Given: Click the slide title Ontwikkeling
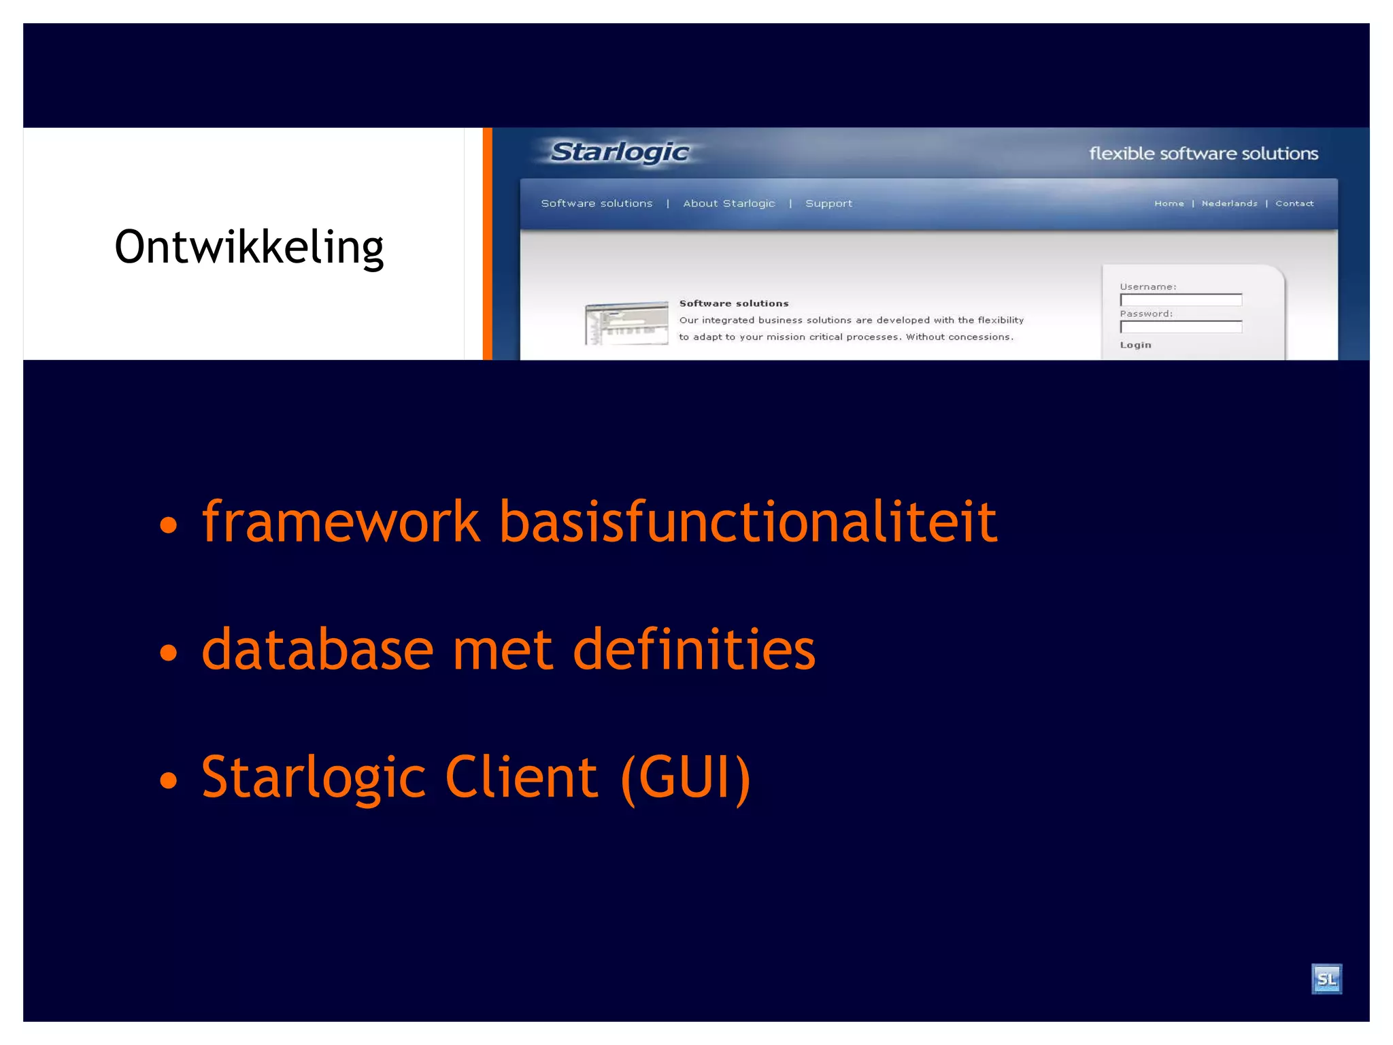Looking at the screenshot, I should pos(249,248).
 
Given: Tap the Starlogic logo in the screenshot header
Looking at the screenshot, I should pos(619,152).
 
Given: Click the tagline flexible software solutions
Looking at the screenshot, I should pos(1203,154).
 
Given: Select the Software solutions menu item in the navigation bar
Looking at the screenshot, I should pos(597,203).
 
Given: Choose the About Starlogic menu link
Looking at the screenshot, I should pos(728,203).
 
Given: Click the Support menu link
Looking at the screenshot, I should pos(828,203).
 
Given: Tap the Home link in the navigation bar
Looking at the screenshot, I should pos(1169,203).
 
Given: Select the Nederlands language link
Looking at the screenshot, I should pos(1229,203).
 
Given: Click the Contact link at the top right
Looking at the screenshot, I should pos(1294,203).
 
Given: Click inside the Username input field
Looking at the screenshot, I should pos(1181,300).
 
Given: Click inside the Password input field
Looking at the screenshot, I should pos(1181,327).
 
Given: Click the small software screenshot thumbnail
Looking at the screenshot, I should pos(626,323).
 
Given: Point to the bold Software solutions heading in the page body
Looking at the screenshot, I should pos(733,303).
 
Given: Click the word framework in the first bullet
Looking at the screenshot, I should pos(341,522).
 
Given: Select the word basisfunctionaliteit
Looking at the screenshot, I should pos(748,522).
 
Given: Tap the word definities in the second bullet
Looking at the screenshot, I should pos(694,650).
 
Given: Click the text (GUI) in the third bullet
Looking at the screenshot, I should pos(686,778).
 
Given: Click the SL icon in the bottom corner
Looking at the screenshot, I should pos(1326,979).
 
